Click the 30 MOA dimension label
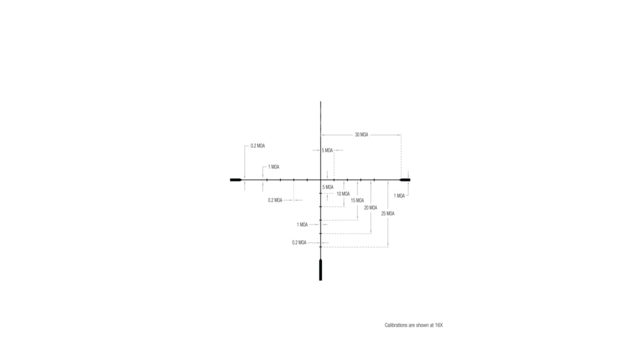361,135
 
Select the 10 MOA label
343,194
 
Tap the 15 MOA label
357,200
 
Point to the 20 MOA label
370,207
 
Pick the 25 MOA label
388,213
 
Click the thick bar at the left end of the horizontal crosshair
236,179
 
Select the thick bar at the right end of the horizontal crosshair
405,179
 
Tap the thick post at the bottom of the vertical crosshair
321,270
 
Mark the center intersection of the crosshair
321,179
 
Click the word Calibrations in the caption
395,325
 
